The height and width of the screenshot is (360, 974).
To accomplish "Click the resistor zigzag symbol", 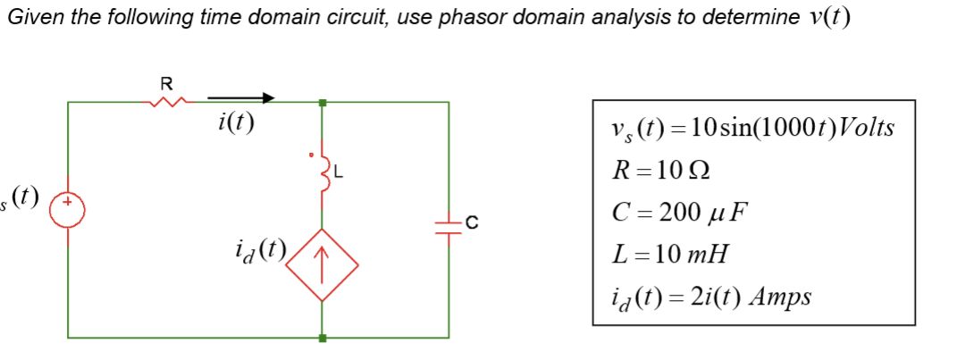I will point(166,104).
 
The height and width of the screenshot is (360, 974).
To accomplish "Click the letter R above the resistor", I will point(165,84).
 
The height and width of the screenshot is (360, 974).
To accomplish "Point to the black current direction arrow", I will point(241,97).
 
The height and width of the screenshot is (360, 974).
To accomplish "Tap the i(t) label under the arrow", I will point(234,122).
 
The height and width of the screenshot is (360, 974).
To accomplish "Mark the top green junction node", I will point(323,104).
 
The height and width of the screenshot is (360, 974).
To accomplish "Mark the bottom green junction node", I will point(323,338).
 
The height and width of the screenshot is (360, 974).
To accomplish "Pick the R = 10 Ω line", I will point(663,171).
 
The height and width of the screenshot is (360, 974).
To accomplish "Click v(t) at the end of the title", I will point(825,19).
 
